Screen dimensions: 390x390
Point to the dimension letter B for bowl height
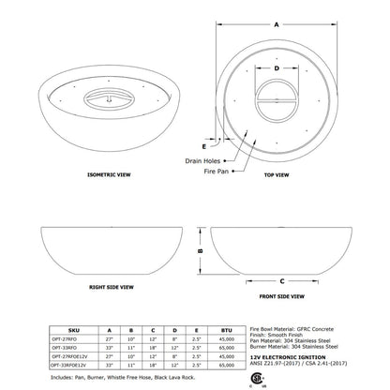200,251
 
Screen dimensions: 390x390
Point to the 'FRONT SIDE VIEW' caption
279,295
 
